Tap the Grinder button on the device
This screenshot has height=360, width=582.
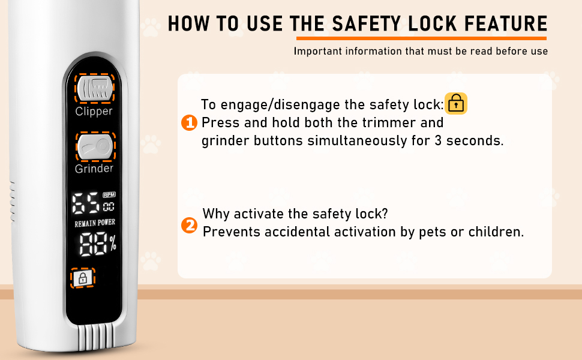(x=95, y=147)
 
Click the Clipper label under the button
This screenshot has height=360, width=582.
(x=94, y=112)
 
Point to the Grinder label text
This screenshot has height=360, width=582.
(x=94, y=169)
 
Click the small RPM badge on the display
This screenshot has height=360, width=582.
(x=109, y=194)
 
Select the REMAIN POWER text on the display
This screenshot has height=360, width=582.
(x=95, y=223)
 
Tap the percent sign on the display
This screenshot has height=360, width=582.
(x=113, y=244)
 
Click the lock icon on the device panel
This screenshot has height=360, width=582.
(x=83, y=278)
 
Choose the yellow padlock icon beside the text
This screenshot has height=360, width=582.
(x=456, y=104)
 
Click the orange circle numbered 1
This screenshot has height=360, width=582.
(x=189, y=123)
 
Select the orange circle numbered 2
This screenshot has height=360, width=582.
(x=189, y=225)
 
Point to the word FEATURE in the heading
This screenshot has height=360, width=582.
(x=506, y=24)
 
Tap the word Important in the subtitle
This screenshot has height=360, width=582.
(x=318, y=51)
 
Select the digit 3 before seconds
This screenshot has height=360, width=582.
(x=438, y=140)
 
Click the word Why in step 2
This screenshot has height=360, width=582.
(x=216, y=214)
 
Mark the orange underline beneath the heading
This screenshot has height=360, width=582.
(x=421, y=38)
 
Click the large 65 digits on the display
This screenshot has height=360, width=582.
(x=86, y=203)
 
